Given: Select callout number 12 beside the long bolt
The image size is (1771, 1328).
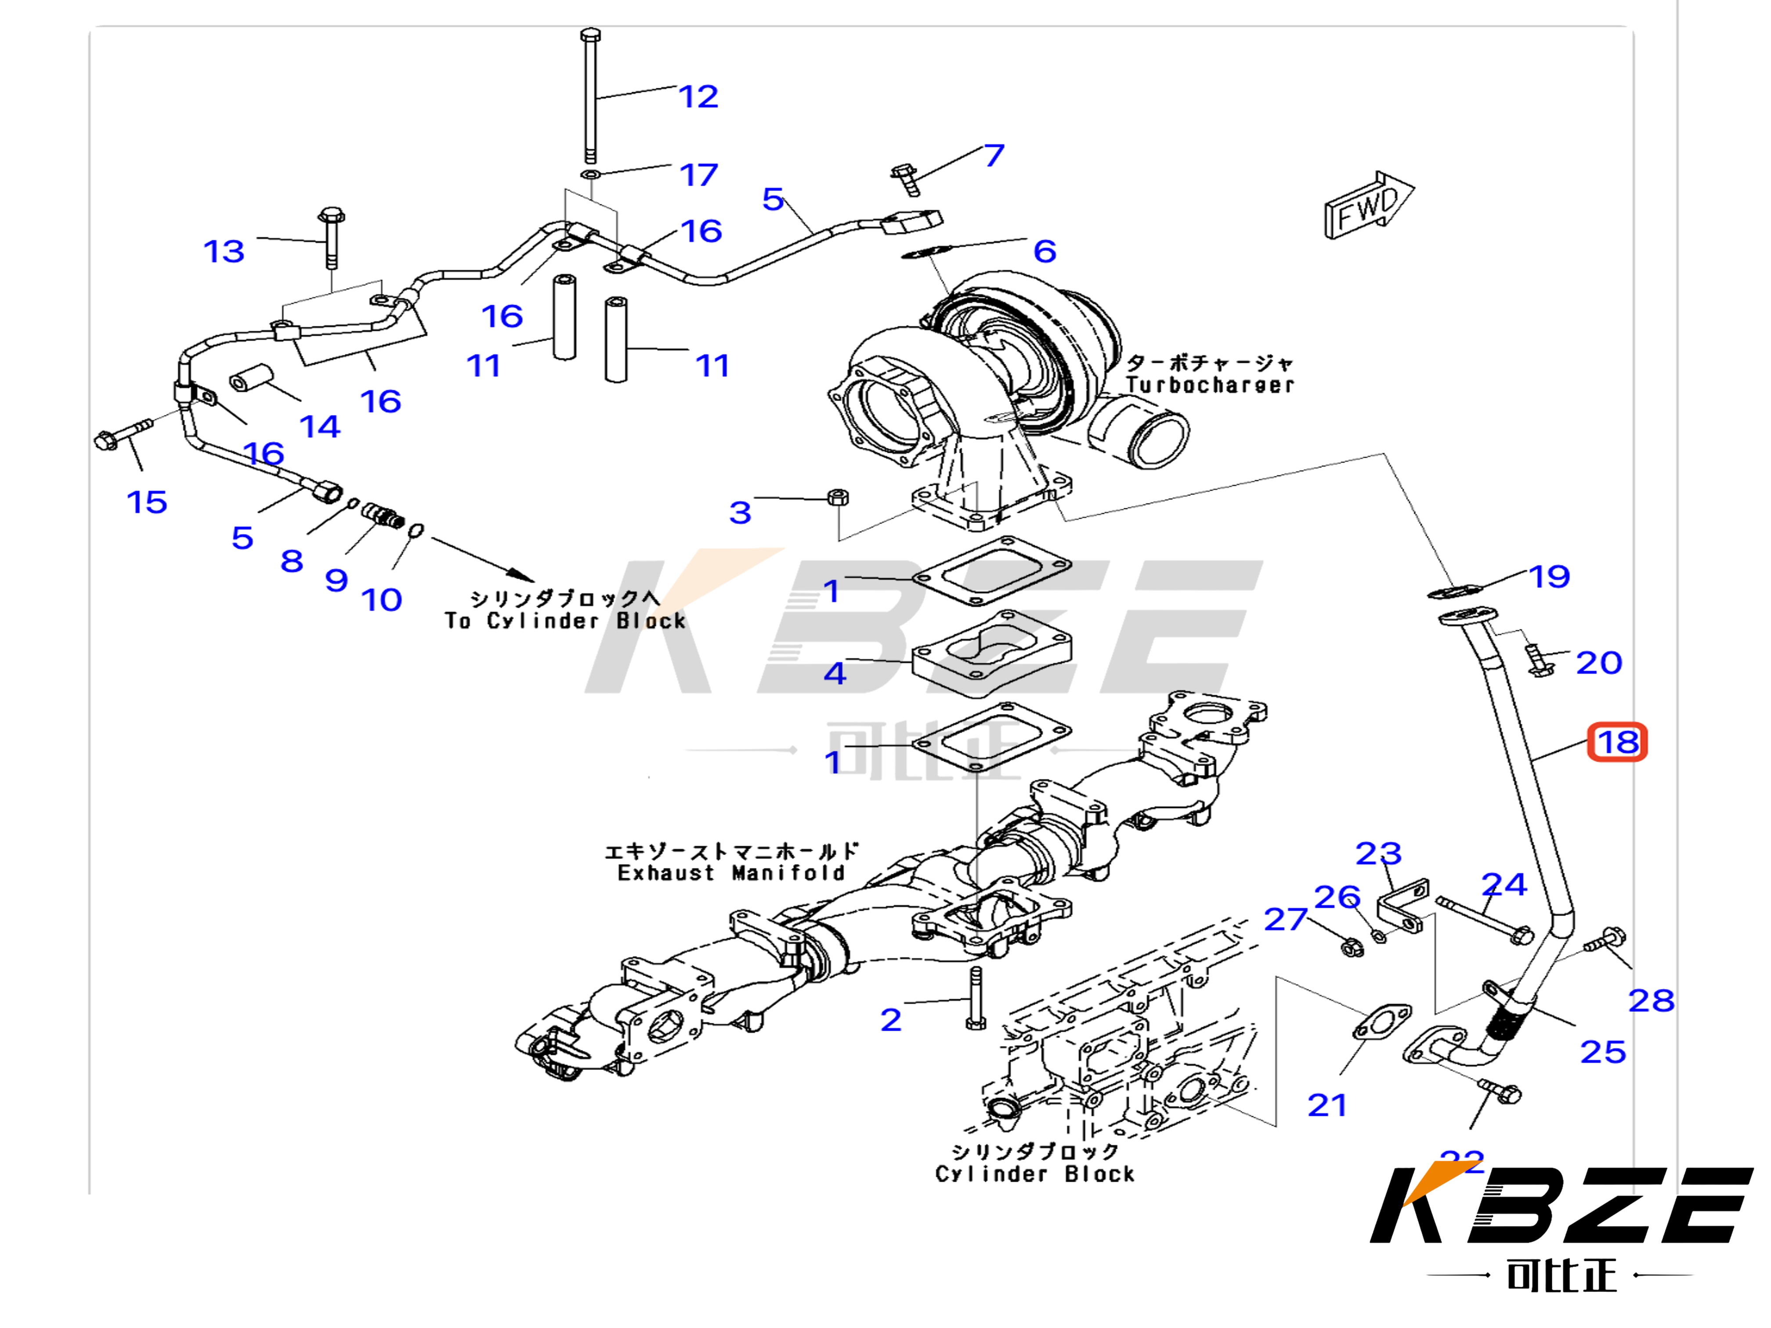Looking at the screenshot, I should pos(698,97).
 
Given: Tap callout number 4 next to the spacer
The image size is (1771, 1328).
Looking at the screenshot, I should pos(834,673).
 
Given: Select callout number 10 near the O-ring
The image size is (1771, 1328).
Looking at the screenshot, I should pos(381,599).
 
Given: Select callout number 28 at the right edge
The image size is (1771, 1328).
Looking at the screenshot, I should pos(1651,1000).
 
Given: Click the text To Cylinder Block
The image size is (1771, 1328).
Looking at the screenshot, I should pos(565,621).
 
